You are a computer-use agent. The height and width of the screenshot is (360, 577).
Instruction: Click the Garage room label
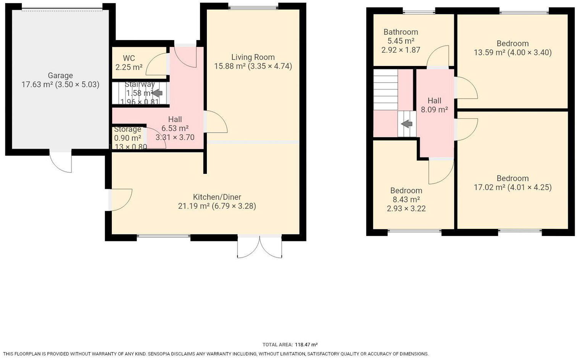pos(60,76)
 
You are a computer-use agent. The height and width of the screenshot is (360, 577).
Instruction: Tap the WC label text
pos(129,58)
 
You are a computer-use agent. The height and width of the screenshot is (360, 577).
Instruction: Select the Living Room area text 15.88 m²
pos(230,66)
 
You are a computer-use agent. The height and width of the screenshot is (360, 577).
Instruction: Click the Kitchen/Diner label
pos(217,197)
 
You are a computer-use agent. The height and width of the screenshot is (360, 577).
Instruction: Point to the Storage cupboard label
pos(127,129)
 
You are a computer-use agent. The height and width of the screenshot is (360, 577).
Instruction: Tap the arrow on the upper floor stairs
pos(407,124)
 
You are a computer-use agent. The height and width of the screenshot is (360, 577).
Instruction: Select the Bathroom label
pos(401,32)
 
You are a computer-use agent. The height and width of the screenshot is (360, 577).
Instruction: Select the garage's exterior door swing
pos(61,162)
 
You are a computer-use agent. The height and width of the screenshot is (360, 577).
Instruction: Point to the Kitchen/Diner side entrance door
pos(120,199)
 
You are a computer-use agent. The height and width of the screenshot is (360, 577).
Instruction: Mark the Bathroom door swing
pos(438,57)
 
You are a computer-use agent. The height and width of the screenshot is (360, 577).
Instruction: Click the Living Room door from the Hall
pos(216,122)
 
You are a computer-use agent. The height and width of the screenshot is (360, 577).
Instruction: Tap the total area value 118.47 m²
pos(306,345)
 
